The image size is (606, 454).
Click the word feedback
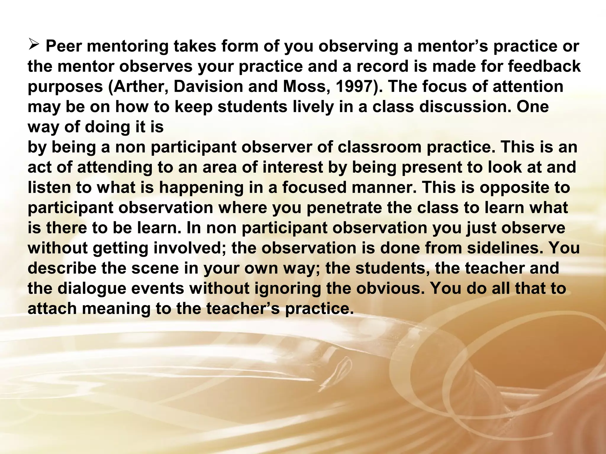pos(544,67)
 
